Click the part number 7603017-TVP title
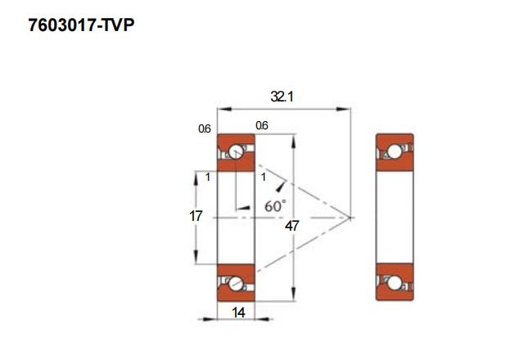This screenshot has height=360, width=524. point(81,25)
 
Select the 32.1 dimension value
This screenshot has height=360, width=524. point(282,97)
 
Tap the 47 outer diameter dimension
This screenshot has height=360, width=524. point(291,226)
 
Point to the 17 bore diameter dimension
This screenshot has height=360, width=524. point(196,216)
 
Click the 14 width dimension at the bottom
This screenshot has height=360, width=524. point(238,313)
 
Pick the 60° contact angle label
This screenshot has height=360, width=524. point(275,206)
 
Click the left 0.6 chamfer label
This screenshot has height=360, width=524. point(205,128)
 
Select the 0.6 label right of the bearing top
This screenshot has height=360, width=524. point(262,125)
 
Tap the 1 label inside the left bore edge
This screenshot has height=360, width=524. point(208,178)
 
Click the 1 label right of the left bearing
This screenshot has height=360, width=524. point(264,178)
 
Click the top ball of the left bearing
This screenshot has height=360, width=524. point(235,151)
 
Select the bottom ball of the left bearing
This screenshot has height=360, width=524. point(235,284)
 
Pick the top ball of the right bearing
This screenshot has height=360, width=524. point(395,151)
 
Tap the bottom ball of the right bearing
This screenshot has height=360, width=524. point(395,283)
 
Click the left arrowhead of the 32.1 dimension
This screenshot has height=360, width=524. point(224,109)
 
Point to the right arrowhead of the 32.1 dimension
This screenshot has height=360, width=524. point(344,109)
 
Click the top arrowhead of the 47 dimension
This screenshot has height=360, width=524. point(293,141)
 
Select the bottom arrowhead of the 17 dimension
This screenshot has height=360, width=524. point(196,257)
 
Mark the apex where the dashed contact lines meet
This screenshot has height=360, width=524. point(350,218)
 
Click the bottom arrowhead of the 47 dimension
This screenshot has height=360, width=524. point(293,294)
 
